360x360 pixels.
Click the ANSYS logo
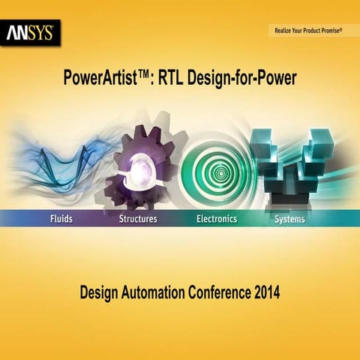click(30, 33)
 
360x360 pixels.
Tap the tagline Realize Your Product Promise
click(306, 31)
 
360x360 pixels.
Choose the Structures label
click(138, 219)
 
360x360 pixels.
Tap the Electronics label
click(217, 219)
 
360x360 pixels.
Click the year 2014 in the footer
click(265, 293)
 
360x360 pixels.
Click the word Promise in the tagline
click(328, 31)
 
